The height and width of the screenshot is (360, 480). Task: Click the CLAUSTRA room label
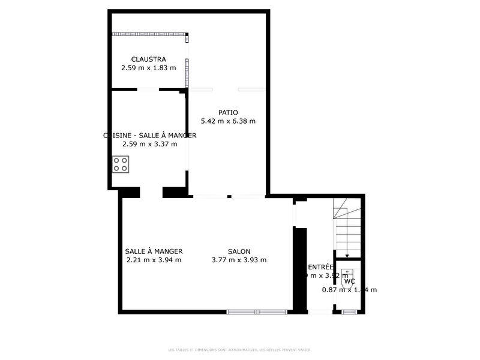coord(149,59)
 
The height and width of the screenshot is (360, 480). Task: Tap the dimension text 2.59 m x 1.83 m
coord(149,68)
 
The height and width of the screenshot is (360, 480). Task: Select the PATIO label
coord(228,112)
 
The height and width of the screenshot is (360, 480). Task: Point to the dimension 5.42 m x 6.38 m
coord(228,121)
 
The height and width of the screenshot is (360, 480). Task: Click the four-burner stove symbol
coord(121,164)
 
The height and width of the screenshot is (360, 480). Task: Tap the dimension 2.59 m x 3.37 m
coord(150,144)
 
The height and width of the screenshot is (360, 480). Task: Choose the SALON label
coord(239,251)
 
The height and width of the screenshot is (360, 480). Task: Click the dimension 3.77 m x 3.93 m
coord(239,260)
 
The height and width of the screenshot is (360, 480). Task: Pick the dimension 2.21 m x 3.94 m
coord(154,260)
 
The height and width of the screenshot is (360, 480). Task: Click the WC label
coord(349,281)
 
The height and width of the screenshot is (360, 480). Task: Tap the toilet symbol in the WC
coord(347,277)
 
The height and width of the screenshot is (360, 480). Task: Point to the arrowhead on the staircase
coord(347,256)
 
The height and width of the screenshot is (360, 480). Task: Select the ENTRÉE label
coord(320,268)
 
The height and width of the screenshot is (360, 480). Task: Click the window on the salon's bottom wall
coord(257,311)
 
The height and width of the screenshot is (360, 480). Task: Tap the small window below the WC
coord(349,311)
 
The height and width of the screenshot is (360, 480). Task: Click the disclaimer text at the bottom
coord(240,350)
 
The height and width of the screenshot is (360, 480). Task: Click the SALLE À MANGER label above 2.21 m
coord(154,251)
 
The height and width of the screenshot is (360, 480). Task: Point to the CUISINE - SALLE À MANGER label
coord(150,136)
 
